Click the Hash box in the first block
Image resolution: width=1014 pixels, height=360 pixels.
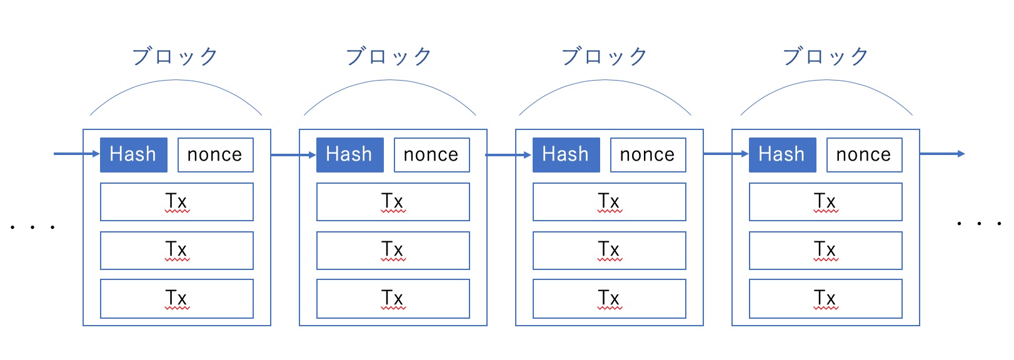click(x=134, y=155)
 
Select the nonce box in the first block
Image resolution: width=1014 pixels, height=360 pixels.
click(x=216, y=155)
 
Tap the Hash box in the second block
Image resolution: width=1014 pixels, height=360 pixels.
click(x=350, y=155)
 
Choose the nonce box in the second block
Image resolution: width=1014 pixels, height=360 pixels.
click(x=432, y=155)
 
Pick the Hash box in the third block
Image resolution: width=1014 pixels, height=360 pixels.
click(x=566, y=155)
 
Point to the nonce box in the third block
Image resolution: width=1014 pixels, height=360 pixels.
click(x=648, y=155)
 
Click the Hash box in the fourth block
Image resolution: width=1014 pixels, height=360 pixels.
click(x=783, y=155)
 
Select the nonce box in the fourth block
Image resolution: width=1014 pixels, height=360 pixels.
click(x=865, y=155)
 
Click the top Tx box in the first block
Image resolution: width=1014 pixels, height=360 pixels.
click(x=177, y=202)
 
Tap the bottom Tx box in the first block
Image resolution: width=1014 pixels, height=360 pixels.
click(x=177, y=299)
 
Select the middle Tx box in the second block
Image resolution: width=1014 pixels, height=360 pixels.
click(x=393, y=251)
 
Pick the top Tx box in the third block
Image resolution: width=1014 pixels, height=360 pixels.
click(x=610, y=202)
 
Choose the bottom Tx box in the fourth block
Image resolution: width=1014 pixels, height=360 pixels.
click(x=826, y=299)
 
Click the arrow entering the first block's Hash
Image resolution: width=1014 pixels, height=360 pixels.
click(x=76, y=154)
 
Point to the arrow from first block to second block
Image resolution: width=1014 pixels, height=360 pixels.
click(x=293, y=155)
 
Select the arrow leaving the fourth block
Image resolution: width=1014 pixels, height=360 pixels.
click(x=943, y=154)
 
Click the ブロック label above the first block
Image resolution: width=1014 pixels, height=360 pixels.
click(x=175, y=57)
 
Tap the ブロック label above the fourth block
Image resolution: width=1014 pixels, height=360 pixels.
click(x=826, y=57)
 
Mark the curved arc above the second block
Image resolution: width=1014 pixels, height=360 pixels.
click(x=389, y=80)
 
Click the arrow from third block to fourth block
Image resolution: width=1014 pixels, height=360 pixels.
click(x=726, y=154)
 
